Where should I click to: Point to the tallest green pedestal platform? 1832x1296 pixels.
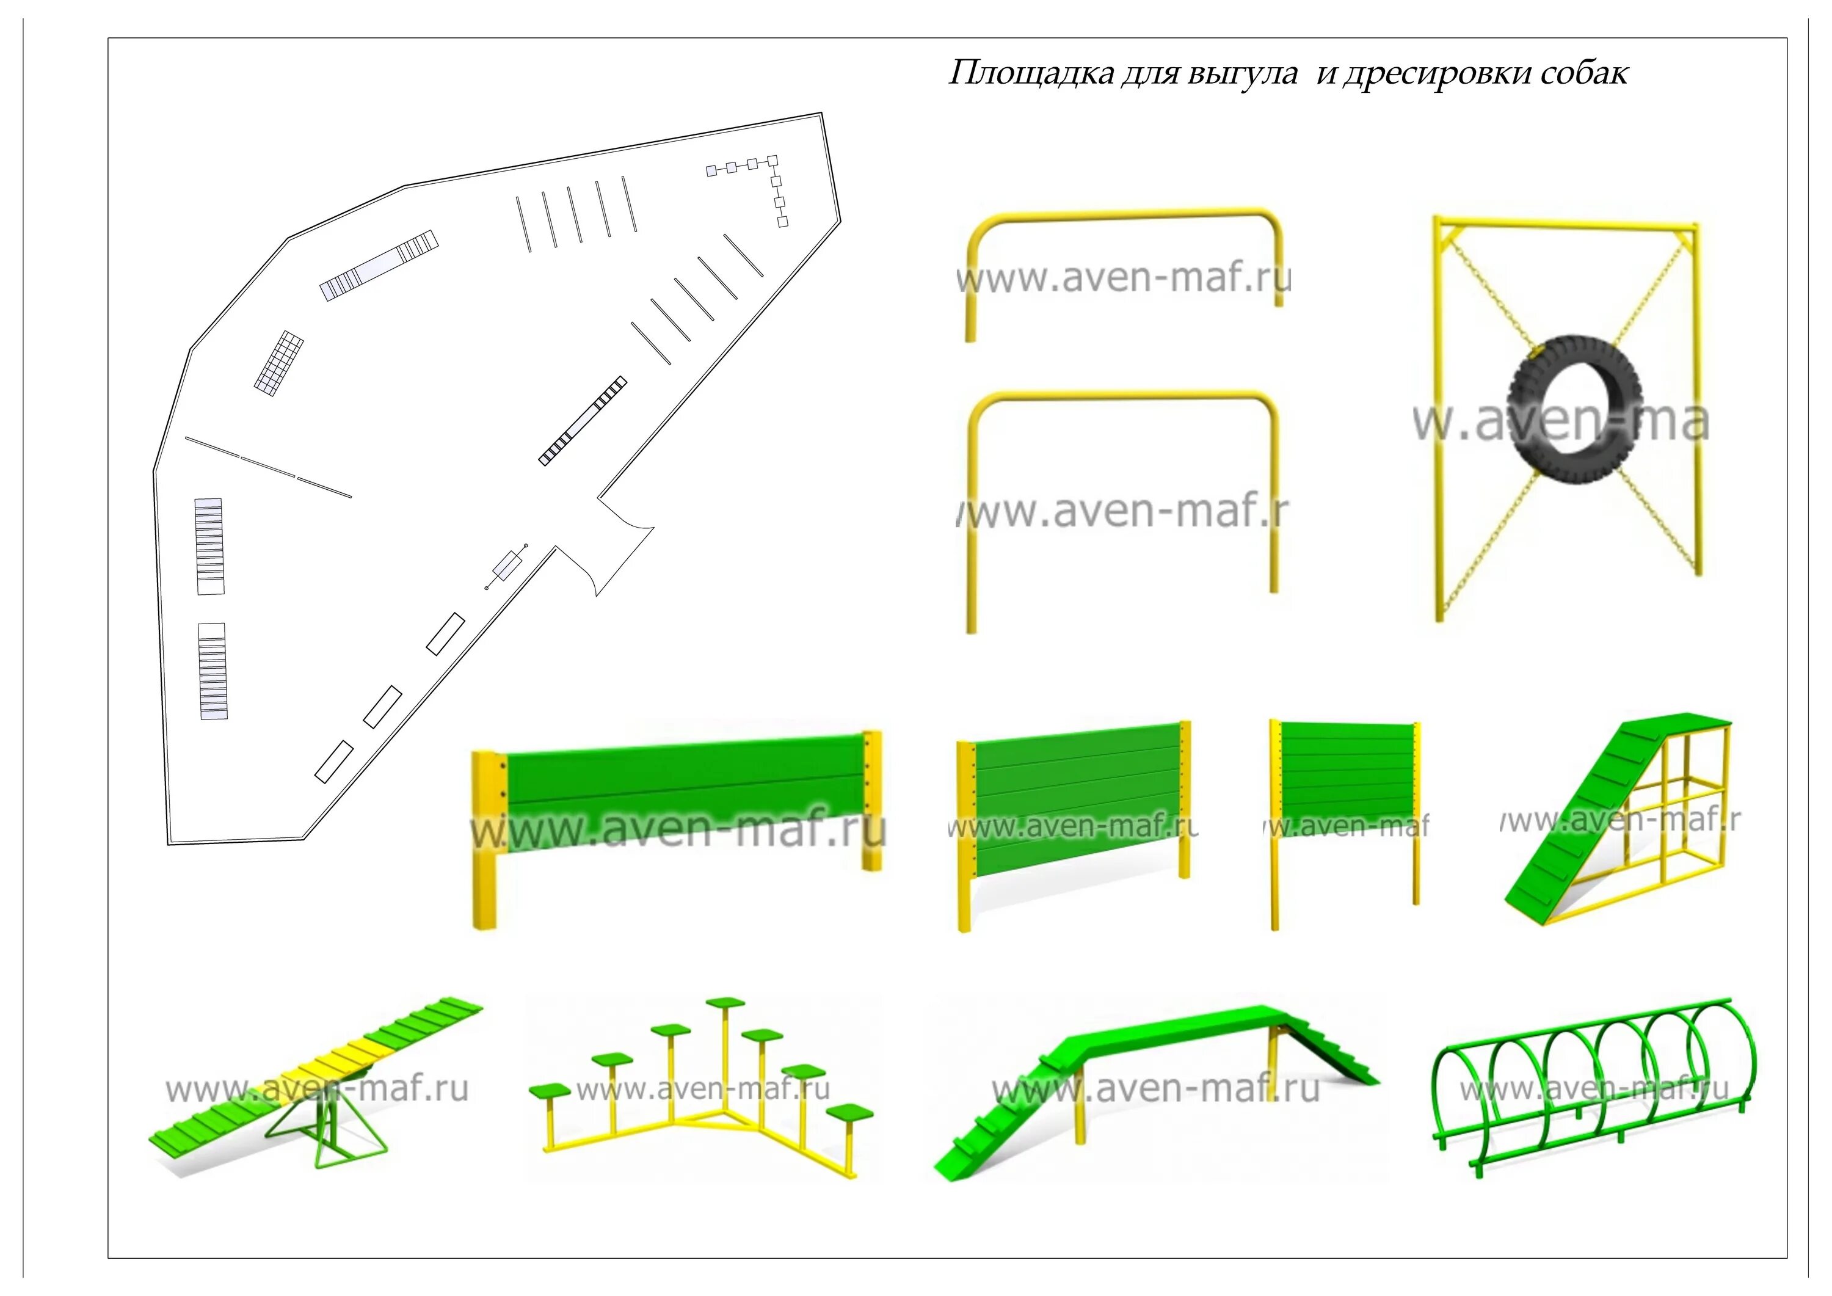(724, 1002)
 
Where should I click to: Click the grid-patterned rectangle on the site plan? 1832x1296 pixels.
(279, 363)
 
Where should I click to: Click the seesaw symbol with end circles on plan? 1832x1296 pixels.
(506, 567)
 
